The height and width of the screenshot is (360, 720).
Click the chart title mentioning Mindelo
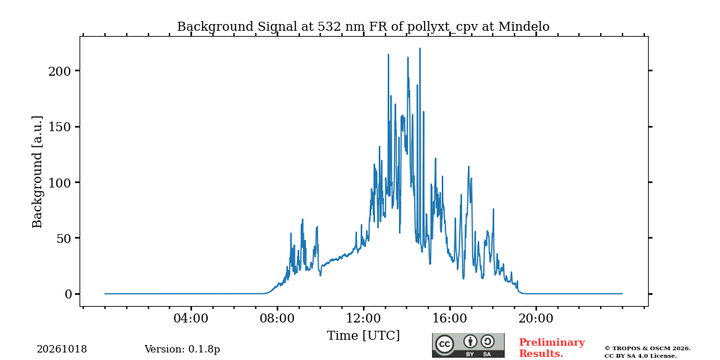pos(363,27)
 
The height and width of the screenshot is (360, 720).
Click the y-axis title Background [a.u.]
pos(37,172)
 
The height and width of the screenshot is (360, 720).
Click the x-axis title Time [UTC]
pos(363,336)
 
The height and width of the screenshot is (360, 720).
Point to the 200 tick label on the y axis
pos(59,70)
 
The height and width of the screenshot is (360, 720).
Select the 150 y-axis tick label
pos(59,127)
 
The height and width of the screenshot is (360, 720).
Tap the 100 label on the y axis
pos(59,182)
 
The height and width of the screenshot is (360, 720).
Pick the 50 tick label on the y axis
pos(63,238)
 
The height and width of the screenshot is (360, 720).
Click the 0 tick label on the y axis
pos(68,294)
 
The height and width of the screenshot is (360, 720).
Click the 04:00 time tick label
pos(191,318)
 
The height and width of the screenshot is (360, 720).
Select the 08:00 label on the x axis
pos(277,318)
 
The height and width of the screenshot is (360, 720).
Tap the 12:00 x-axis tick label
pos(363,318)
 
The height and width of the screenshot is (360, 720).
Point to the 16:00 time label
pos(449,318)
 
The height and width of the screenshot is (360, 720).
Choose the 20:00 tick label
pos(535,318)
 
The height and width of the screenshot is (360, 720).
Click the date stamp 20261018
pos(62,349)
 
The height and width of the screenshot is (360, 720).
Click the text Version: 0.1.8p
pos(182,349)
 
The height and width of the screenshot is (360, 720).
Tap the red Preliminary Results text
pos(552,348)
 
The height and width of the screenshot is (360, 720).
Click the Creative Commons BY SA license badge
pos(468,345)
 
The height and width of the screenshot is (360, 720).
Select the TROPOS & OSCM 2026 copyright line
pos(647,349)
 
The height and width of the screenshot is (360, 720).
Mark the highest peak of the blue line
pos(420,48)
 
